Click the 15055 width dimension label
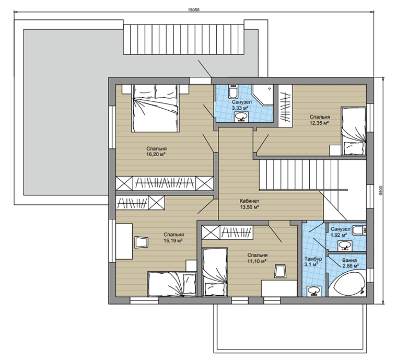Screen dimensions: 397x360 point(194,10)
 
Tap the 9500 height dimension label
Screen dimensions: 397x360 point(382,190)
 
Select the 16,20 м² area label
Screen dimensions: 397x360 point(156,155)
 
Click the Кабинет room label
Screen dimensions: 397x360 point(250,201)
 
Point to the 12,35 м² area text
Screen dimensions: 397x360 point(319,123)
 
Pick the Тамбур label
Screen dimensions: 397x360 point(313,259)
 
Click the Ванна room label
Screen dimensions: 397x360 point(349,260)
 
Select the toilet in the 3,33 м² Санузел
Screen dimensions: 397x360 point(232,91)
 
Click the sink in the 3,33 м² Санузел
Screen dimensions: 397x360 point(241,117)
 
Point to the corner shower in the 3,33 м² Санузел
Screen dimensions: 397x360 point(263,95)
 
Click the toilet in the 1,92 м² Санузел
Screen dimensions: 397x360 point(359,230)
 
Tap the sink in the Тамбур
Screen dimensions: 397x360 point(314,291)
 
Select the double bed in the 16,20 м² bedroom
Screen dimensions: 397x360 point(155,108)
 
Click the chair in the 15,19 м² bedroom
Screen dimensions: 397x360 point(141,242)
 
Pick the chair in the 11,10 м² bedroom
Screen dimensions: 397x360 point(280,271)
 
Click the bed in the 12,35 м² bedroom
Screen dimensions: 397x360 point(354,131)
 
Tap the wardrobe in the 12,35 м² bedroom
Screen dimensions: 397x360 point(285,106)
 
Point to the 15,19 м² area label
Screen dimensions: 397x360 point(173,240)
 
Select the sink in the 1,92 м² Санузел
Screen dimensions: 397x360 point(344,246)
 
